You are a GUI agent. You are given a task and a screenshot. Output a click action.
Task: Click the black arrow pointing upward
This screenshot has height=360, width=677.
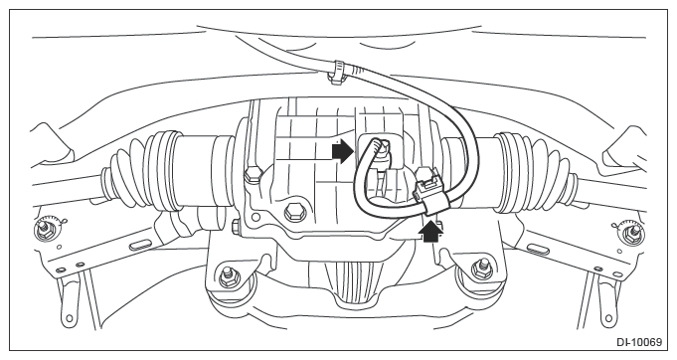[430, 231]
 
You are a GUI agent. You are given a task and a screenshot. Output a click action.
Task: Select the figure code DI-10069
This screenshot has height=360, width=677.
[639, 342]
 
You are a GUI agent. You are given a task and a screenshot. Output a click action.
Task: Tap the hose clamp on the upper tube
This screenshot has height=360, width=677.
[339, 71]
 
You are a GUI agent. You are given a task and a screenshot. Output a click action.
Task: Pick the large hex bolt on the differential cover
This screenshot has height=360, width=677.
[293, 213]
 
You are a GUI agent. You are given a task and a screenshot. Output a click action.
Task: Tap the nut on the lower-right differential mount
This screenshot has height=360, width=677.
[480, 270]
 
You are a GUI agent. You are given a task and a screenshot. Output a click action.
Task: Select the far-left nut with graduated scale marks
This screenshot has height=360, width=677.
[45, 229]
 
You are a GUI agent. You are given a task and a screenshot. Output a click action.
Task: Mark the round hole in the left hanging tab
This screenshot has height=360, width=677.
[69, 317]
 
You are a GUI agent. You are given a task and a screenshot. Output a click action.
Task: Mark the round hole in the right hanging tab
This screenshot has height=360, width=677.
[608, 318]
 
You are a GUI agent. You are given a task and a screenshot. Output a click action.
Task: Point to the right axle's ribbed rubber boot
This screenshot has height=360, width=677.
[536, 172]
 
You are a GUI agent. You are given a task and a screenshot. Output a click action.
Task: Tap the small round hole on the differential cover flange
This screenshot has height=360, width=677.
[255, 216]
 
